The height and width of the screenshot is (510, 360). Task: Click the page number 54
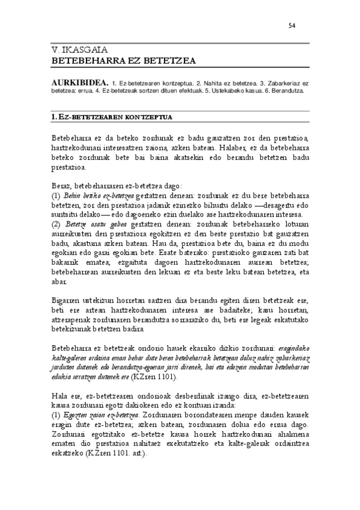click(292, 25)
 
